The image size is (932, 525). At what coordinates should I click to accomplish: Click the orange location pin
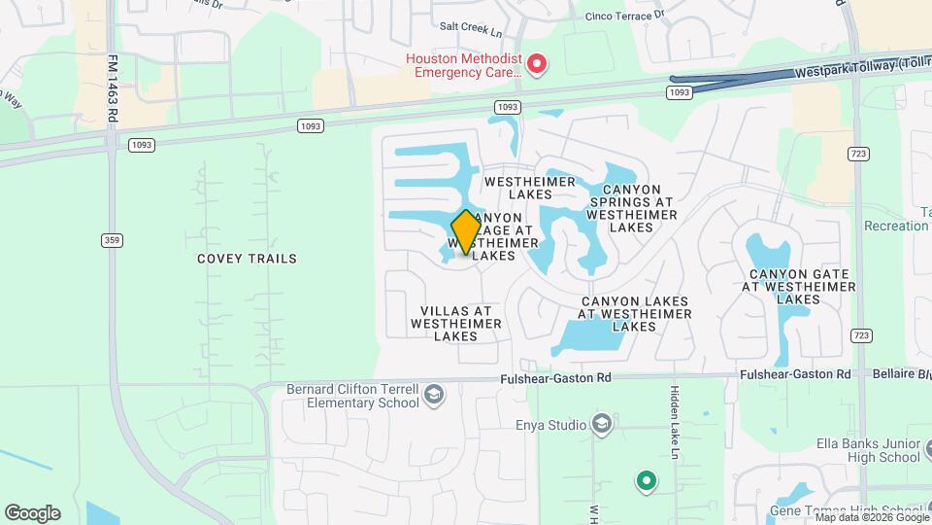(466, 232)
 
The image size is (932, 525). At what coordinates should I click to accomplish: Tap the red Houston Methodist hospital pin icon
(537, 65)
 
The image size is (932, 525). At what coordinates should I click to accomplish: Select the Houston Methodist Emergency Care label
(464, 65)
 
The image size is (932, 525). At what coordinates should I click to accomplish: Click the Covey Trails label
(247, 259)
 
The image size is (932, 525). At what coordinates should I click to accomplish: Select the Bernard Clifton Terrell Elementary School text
(352, 396)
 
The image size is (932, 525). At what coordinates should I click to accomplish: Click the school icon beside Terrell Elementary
(433, 394)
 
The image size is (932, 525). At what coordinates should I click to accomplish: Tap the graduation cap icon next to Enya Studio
(602, 425)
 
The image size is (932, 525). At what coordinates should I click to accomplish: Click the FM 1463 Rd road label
(113, 87)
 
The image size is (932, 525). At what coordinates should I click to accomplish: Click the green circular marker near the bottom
(646, 480)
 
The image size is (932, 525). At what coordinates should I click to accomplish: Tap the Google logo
(32, 513)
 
